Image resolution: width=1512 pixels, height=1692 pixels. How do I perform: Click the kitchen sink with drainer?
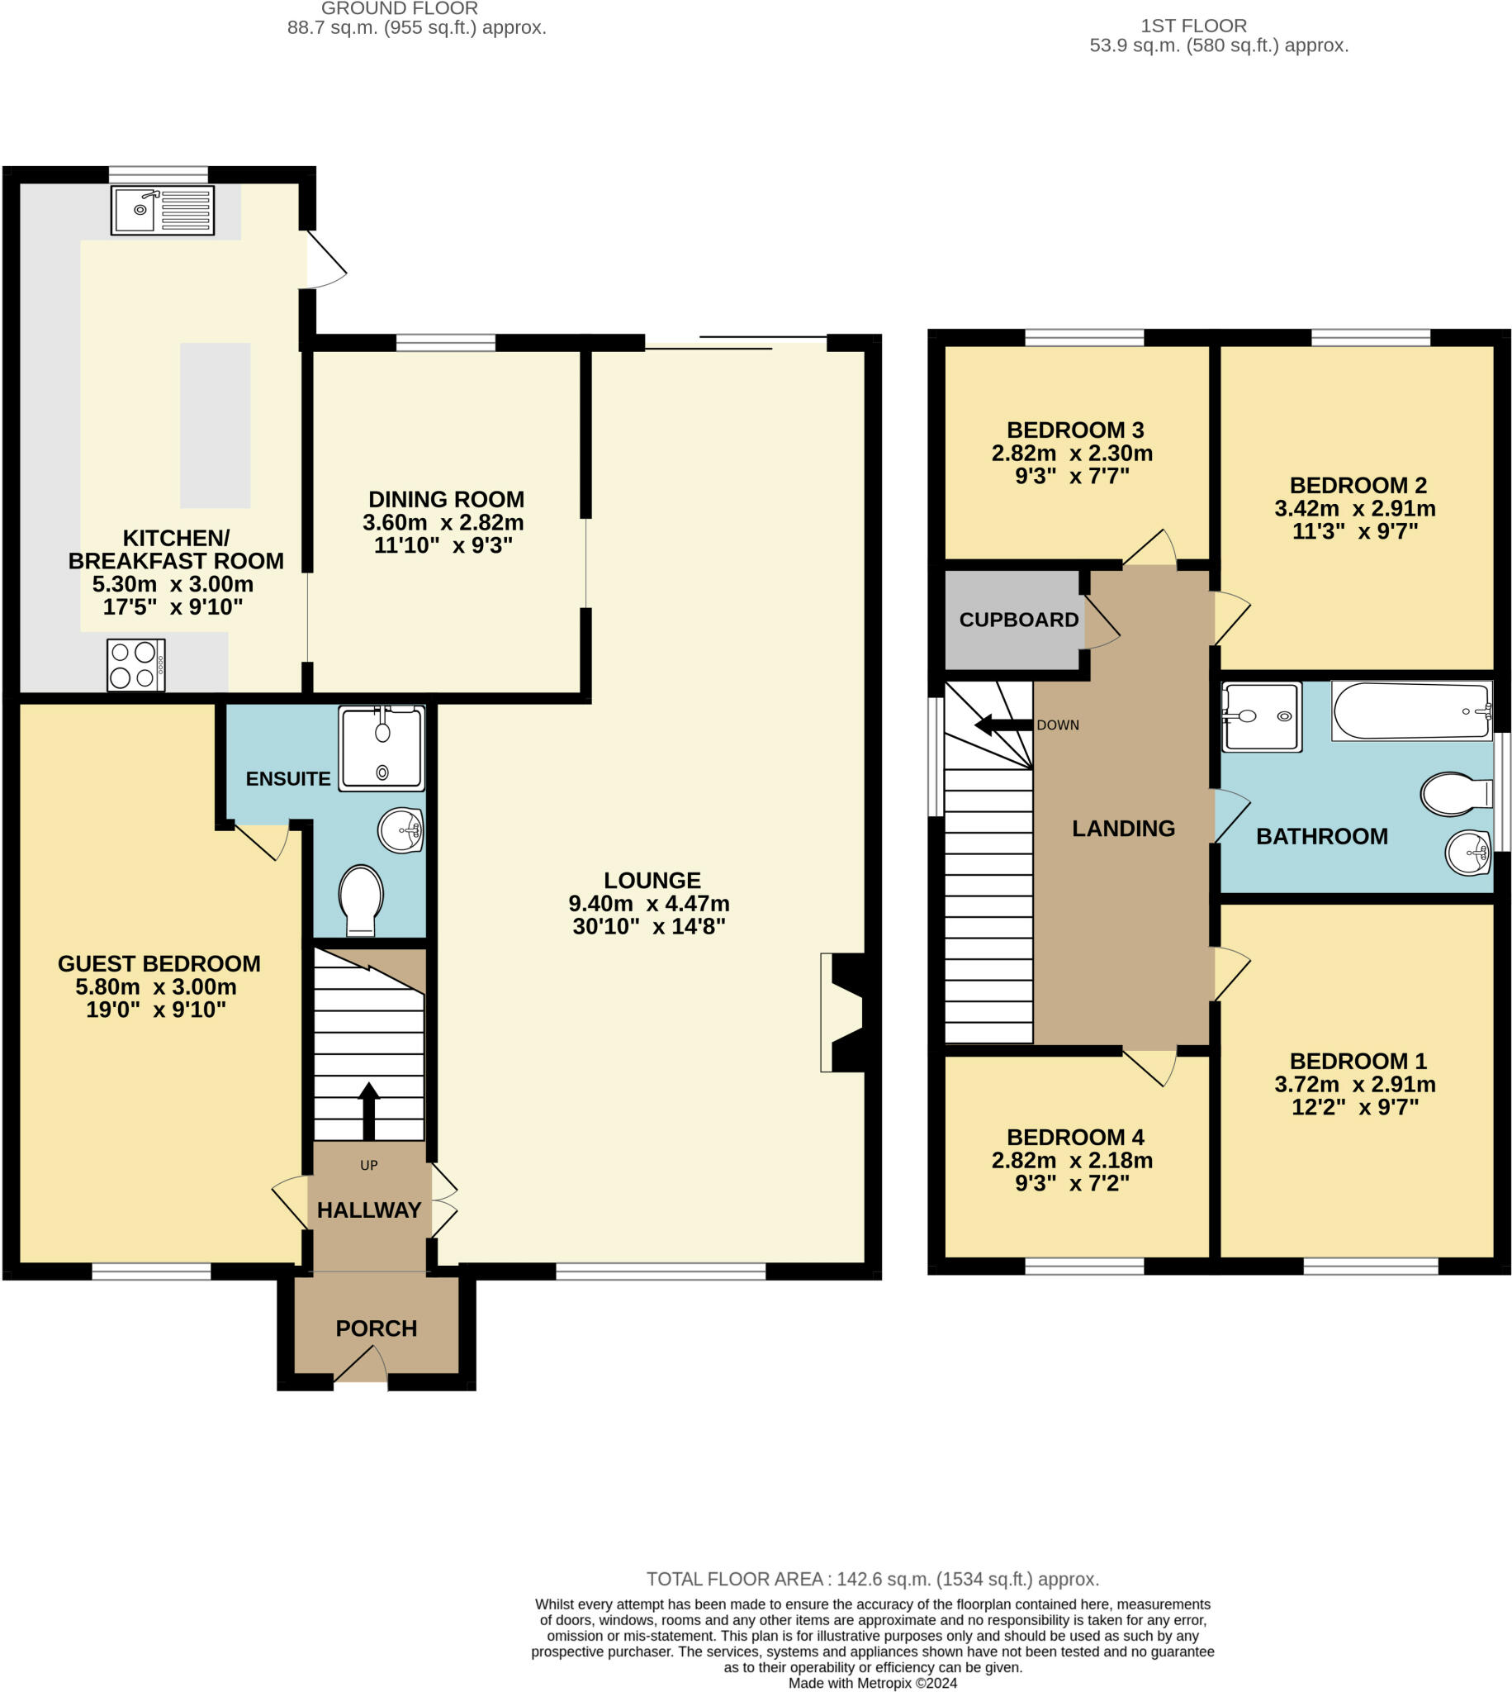163,209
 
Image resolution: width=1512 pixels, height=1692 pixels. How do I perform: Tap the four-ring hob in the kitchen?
136,665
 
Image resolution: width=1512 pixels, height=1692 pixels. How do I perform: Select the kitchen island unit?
216,425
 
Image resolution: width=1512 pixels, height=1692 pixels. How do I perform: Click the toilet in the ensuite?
362,901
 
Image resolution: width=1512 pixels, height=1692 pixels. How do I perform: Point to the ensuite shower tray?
382,748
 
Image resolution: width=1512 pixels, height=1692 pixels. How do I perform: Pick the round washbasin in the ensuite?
401,830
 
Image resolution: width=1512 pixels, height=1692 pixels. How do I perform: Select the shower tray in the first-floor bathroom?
1261,717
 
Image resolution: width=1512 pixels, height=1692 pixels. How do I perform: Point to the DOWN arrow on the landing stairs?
1003,725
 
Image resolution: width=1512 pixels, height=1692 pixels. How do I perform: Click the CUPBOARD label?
1018,619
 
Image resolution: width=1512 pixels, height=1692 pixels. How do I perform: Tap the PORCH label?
377,1328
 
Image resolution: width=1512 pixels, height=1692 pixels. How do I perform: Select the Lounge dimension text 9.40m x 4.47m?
649,903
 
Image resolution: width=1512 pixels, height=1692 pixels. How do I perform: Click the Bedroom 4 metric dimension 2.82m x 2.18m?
1072,1160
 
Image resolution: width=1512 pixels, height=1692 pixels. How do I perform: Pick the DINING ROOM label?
446,500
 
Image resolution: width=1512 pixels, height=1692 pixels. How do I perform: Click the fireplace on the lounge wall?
844,1012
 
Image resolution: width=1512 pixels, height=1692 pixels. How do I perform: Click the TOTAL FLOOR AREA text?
872,1579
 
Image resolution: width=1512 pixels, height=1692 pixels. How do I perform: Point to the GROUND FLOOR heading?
400,8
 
